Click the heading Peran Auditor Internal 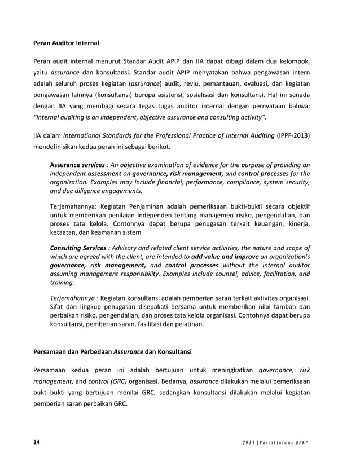point(66,42)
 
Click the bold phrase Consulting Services point(78,248)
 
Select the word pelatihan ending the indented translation point(185,325)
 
